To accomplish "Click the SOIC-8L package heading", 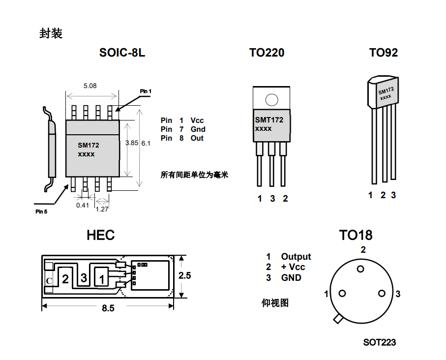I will click(x=122, y=53).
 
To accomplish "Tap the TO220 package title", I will click(x=267, y=53).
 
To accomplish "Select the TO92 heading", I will click(x=384, y=53).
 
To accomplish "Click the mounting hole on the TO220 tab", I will click(x=271, y=100).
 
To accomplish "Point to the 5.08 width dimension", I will click(x=90, y=86).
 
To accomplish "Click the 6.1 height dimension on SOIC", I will click(x=146, y=143).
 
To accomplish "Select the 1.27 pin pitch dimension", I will click(x=102, y=209).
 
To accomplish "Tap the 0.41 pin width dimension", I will click(x=83, y=205).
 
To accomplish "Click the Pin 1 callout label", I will click(x=146, y=91).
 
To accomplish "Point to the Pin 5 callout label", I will click(x=41, y=211).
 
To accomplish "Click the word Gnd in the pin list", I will click(x=198, y=129).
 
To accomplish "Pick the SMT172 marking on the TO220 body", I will click(x=269, y=120).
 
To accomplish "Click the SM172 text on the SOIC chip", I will click(x=89, y=146).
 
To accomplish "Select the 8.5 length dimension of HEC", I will click(x=108, y=308).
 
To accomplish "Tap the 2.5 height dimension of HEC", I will click(x=185, y=276).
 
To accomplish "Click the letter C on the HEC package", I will click(x=49, y=281).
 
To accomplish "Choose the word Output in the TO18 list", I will click(x=296, y=257).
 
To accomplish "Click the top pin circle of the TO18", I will click(x=361, y=269).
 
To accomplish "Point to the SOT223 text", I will click(x=380, y=342).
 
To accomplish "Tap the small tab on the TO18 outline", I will click(x=338, y=319).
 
